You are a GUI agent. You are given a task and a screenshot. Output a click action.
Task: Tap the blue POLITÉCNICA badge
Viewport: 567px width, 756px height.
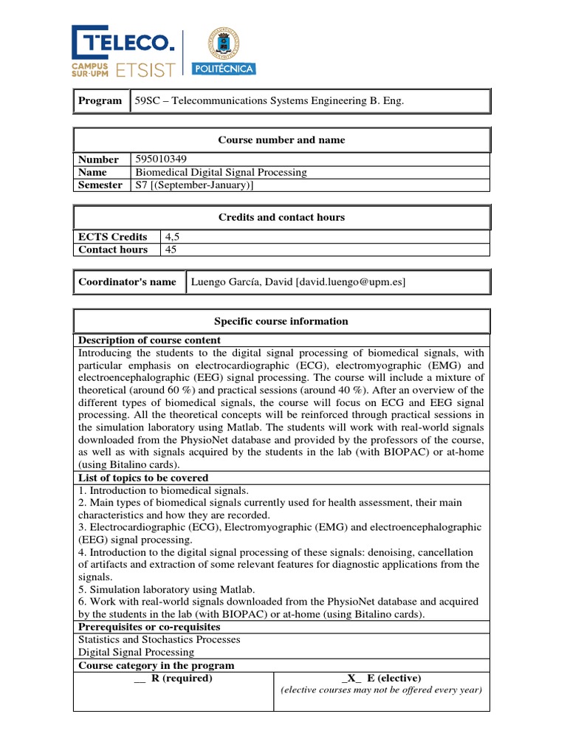224,69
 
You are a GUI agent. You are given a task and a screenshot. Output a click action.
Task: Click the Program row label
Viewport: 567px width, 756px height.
101,100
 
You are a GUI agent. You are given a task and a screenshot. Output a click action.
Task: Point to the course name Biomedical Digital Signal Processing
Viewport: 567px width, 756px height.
220,172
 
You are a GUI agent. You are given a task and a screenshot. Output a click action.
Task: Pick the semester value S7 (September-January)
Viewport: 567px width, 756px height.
193,185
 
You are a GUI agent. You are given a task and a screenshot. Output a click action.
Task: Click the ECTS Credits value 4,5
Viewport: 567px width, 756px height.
173,237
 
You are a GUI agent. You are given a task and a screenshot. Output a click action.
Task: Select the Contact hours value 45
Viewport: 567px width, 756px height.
171,250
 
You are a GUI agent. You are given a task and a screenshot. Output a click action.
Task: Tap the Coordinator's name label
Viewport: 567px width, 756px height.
128,282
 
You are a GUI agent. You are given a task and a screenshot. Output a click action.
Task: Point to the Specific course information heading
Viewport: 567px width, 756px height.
281,321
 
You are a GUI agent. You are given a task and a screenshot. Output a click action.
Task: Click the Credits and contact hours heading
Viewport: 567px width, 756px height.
281,217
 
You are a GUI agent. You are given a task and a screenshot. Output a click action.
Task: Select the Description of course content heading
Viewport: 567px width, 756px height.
149,340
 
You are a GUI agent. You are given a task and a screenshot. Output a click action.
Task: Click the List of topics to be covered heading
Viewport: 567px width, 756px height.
143,478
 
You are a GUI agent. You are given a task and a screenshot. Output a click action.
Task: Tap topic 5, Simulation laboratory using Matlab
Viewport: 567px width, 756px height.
166,589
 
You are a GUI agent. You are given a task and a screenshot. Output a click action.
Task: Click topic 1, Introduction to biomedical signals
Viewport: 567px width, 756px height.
163,490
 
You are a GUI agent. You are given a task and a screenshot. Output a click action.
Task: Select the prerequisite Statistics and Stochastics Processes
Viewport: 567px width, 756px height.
159,639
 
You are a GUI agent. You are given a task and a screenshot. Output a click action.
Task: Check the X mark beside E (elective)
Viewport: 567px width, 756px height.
351,678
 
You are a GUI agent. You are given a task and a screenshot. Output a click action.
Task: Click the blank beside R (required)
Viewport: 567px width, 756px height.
140,678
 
